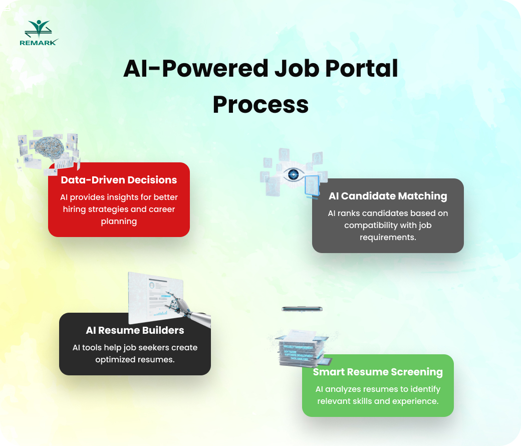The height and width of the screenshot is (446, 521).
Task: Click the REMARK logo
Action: (39, 33)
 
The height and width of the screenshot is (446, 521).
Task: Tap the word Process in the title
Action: (260, 105)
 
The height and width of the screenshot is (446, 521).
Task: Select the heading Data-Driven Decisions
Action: (119, 179)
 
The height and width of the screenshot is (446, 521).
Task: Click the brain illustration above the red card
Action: (48, 145)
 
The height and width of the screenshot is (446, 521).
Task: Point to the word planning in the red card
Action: (119, 221)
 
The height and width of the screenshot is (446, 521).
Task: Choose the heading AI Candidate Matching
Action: (388, 195)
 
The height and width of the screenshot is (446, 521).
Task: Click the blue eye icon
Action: (294, 174)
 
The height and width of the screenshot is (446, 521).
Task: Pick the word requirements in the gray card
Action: (388, 237)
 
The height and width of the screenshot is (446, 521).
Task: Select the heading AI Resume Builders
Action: (135, 330)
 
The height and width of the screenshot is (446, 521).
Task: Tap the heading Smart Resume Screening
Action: (378, 372)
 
